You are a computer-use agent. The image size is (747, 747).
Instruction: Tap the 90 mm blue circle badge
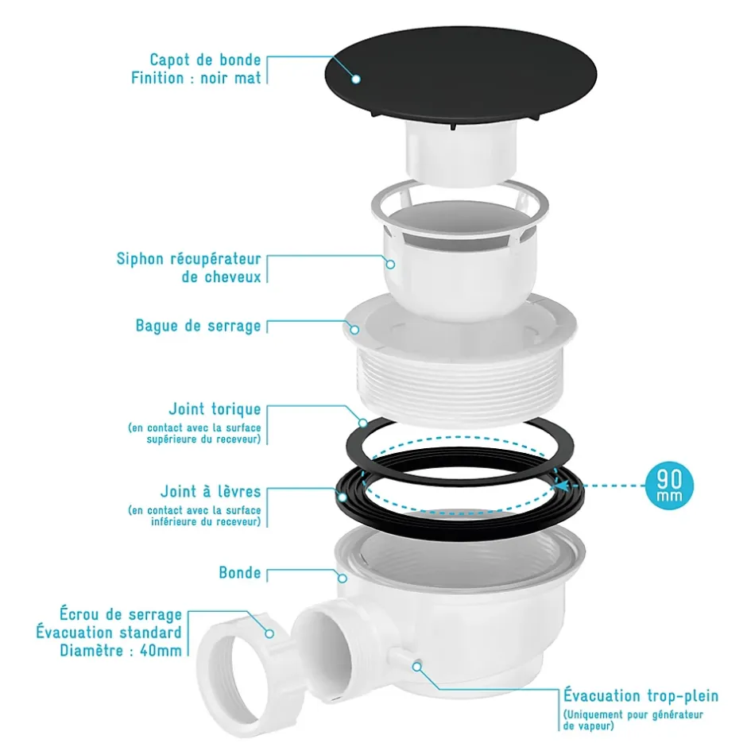pyautogui.click(x=669, y=486)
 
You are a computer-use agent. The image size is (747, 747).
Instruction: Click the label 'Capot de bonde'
pyautogui.click(x=205, y=60)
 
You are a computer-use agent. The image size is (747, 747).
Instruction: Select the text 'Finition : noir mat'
pyautogui.click(x=196, y=78)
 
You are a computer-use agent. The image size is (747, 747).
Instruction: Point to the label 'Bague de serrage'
pyautogui.click(x=198, y=326)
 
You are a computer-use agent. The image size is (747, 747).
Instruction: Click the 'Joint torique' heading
pyautogui.click(x=215, y=408)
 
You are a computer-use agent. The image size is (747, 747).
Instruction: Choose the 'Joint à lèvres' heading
pyautogui.click(x=211, y=491)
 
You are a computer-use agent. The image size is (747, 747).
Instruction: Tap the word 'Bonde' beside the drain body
pyautogui.click(x=240, y=573)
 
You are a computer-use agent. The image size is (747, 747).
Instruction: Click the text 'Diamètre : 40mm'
pyautogui.click(x=121, y=651)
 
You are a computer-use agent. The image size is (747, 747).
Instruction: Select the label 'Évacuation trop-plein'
pyautogui.click(x=641, y=695)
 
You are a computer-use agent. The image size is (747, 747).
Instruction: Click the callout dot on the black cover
pyautogui.click(x=355, y=79)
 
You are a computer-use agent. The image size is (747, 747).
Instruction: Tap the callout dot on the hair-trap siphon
pyautogui.click(x=390, y=264)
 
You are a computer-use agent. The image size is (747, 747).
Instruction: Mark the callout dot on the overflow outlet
pyautogui.click(x=417, y=667)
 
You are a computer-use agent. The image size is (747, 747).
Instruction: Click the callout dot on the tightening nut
pyautogui.click(x=269, y=633)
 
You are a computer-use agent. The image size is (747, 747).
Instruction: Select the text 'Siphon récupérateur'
pyautogui.click(x=188, y=259)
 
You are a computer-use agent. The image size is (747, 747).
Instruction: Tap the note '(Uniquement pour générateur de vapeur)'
pyautogui.click(x=633, y=720)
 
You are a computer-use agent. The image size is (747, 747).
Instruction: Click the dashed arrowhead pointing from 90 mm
pyautogui.click(x=563, y=486)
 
